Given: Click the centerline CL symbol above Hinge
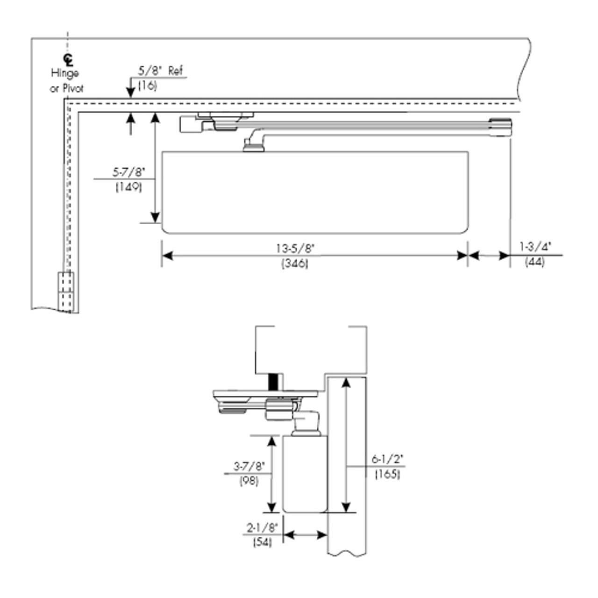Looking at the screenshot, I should [x=68, y=59].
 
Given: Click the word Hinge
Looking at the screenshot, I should [x=65, y=73].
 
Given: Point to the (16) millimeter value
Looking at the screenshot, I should [x=147, y=86].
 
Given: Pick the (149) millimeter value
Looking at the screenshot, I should [x=128, y=187].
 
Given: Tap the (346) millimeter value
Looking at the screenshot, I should [x=295, y=263].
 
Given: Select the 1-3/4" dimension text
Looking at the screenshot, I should [x=535, y=247].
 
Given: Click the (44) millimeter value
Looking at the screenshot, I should [x=534, y=262].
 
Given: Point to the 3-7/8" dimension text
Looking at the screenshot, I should [x=249, y=466].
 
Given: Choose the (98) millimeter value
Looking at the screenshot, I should [x=249, y=481].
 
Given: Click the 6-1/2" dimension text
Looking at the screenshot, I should [x=387, y=459].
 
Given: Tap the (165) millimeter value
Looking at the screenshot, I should [x=387, y=475].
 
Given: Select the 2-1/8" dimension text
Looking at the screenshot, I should [x=262, y=528].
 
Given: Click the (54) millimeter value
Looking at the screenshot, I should [x=262, y=543].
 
